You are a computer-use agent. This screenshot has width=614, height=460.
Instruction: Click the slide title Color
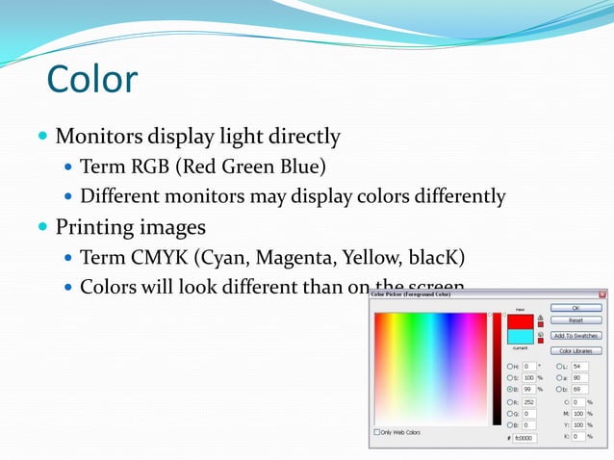click(x=92, y=79)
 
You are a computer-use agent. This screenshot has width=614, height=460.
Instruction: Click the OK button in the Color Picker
click(x=576, y=308)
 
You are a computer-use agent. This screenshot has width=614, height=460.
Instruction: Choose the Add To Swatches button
click(x=576, y=336)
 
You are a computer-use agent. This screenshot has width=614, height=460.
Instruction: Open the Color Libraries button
click(x=576, y=350)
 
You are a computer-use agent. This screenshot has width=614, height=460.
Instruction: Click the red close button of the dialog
click(x=602, y=294)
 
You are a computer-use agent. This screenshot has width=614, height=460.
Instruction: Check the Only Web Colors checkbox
click(x=378, y=432)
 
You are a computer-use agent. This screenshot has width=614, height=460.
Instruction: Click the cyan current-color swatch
click(x=521, y=337)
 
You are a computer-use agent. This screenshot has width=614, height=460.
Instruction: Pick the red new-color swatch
click(x=521, y=322)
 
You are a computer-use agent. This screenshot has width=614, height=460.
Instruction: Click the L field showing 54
click(x=579, y=367)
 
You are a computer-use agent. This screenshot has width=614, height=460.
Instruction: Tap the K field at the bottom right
click(x=577, y=436)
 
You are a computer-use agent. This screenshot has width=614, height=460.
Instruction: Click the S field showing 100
click(x=530, y=378)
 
